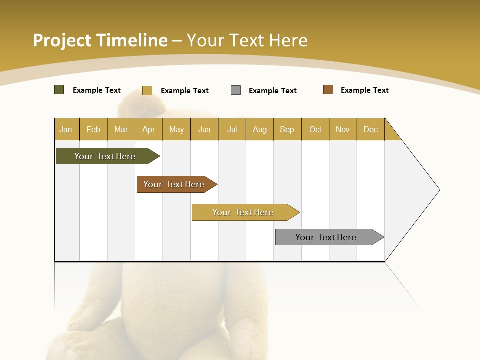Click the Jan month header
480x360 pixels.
(66, 129)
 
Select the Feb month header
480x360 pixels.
(93, 129)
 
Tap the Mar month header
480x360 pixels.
(121, 129)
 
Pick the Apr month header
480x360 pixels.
(149, 129)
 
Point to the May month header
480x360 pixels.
(176, 129)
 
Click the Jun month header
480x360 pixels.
(204, 129)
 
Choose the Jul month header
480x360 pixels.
(232, 129)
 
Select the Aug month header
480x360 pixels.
(260, 129)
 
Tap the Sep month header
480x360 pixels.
(287, 129)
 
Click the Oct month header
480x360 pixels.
(315, 129)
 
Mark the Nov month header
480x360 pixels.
(343, 129)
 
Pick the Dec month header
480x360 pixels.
(371, 129)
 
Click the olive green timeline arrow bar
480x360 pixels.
(105, 156)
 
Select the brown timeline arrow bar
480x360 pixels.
(174, 184)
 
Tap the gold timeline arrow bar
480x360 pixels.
(243, 212)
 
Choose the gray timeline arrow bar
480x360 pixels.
(326, 237)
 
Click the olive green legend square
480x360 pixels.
(59, 90)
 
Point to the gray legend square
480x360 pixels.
(236, 90)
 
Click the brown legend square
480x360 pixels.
(328, 90)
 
